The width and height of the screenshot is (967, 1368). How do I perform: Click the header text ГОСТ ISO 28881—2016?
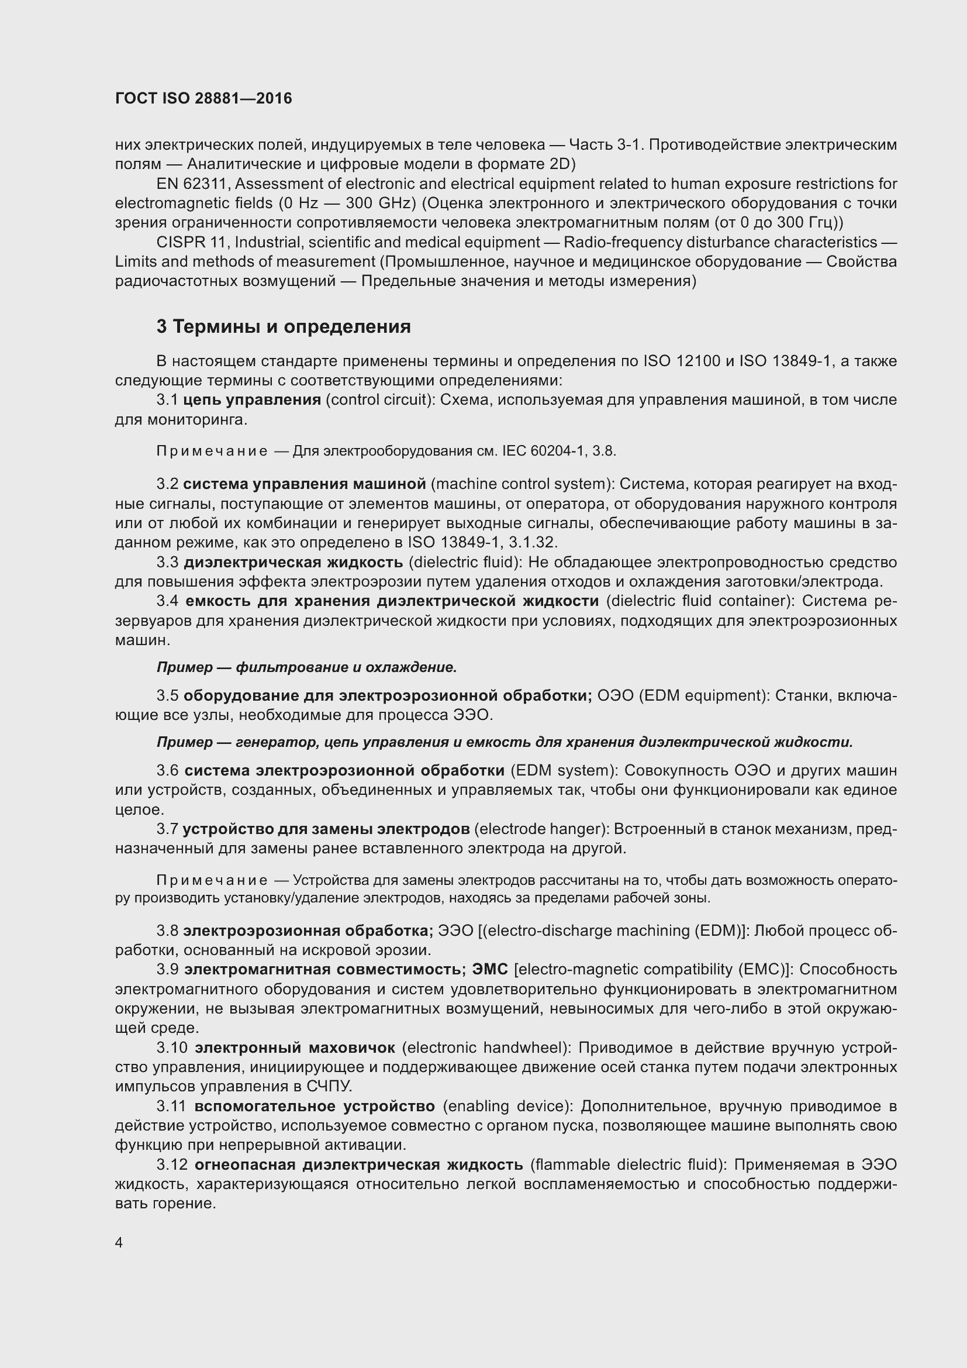pyautogui.click(x=203, y=99)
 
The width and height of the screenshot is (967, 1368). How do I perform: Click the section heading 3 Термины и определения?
pyautogui.click(x=284, y=327)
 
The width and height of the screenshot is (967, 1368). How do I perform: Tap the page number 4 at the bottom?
pyautogui.click(x=119, y=1243)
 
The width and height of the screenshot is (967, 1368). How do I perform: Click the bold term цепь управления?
pyautogui.click(x=252, y=400)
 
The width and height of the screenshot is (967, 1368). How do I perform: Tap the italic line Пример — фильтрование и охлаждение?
pyautogui.click(x=307, y=667)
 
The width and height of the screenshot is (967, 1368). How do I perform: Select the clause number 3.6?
pyautogui.click(x=167, y=771)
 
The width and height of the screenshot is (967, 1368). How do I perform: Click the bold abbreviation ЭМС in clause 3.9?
pyautogui.click(x=490, y=970)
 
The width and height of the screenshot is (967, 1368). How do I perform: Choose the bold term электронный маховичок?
pyautogui.click(x=295, y=1048)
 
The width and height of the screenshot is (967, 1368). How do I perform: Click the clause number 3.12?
pyautogui.click(x=172, y=1166)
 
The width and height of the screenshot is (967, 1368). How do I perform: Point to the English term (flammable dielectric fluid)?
pyautogui.click(x=627, y=1166)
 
